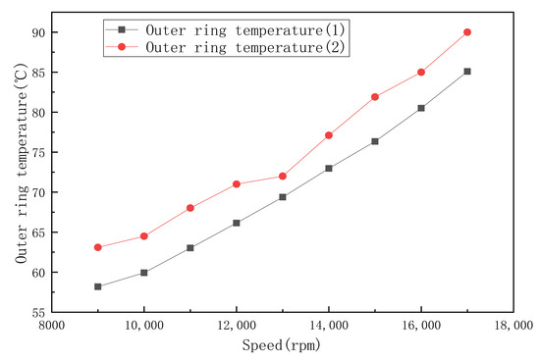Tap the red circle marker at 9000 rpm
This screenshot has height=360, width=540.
(98, 247)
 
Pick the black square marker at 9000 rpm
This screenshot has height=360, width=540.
(98, 286)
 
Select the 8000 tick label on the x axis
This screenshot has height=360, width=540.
(52, 326)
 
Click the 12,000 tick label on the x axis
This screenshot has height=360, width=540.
(237, 326)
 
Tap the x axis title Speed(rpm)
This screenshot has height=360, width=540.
(282, 345)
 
